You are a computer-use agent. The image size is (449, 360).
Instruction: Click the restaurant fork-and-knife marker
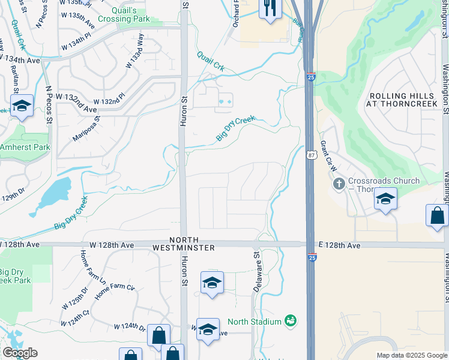click(270, 8)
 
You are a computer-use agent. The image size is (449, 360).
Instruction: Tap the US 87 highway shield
click(311, 155)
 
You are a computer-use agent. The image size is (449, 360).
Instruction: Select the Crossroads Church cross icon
click(339, 182)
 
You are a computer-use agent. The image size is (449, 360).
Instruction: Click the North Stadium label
click(255, 322)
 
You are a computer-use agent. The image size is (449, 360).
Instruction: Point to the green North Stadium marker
click(291, 321)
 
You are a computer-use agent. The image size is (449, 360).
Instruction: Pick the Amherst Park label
click(25, 147)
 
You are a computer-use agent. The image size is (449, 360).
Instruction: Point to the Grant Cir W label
click(328, 156)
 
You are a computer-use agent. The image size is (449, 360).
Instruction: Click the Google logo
click(19, 353)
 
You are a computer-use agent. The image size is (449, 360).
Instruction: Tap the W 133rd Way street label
click(134, 52)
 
